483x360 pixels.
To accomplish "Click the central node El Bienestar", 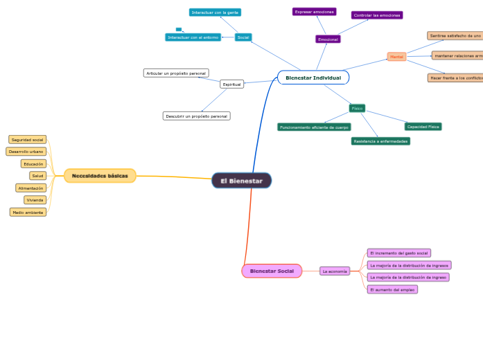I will pyautogui.click(x=241, y=181).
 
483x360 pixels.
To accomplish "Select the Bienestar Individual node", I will pyautogui.click(x=313, y=78).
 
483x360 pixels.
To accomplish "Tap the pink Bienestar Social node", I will pyautogui.click(x=272, y=271).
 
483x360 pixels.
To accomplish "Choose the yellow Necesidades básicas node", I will pyautogui.click(x=100, y=176).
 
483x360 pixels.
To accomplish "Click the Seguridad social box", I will pyautogui.click(x=28, y=140).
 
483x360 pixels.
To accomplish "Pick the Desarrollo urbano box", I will pyautogui.click(x=26, y=152).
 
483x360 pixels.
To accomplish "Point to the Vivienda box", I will pyautogui.click(x=35, y=200).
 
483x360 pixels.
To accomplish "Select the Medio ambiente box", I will pyautogui.click(x=28, y=213).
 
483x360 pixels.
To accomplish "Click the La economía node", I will pyautogui.click(x=335, y=271).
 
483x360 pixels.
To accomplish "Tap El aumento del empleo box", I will pyautogui.click(x=392, y=289).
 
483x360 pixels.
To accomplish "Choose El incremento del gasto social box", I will pyautogui.click(x=398, y=253).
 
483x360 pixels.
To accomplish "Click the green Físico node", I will pyautogui.click(x=357, y=108).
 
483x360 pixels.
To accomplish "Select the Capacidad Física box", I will pyautogui.click(x=423, y=127).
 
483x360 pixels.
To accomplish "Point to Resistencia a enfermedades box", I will pyautogui.click(x=380, y=141).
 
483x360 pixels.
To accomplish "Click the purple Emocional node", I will pyautogui.click(x=328, y=39).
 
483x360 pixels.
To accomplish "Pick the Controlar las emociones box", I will pyautogui.click(x=376, y=15).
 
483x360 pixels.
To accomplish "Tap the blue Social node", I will pyautogui.click(x=243, y=37).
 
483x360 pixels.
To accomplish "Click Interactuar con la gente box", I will pyautogui.click(x=215, y=12).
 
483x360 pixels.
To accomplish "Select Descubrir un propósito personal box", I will pyautogui.click(x=196, y=116).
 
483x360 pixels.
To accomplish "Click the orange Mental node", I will pyautogui.click(x=396, y=57).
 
